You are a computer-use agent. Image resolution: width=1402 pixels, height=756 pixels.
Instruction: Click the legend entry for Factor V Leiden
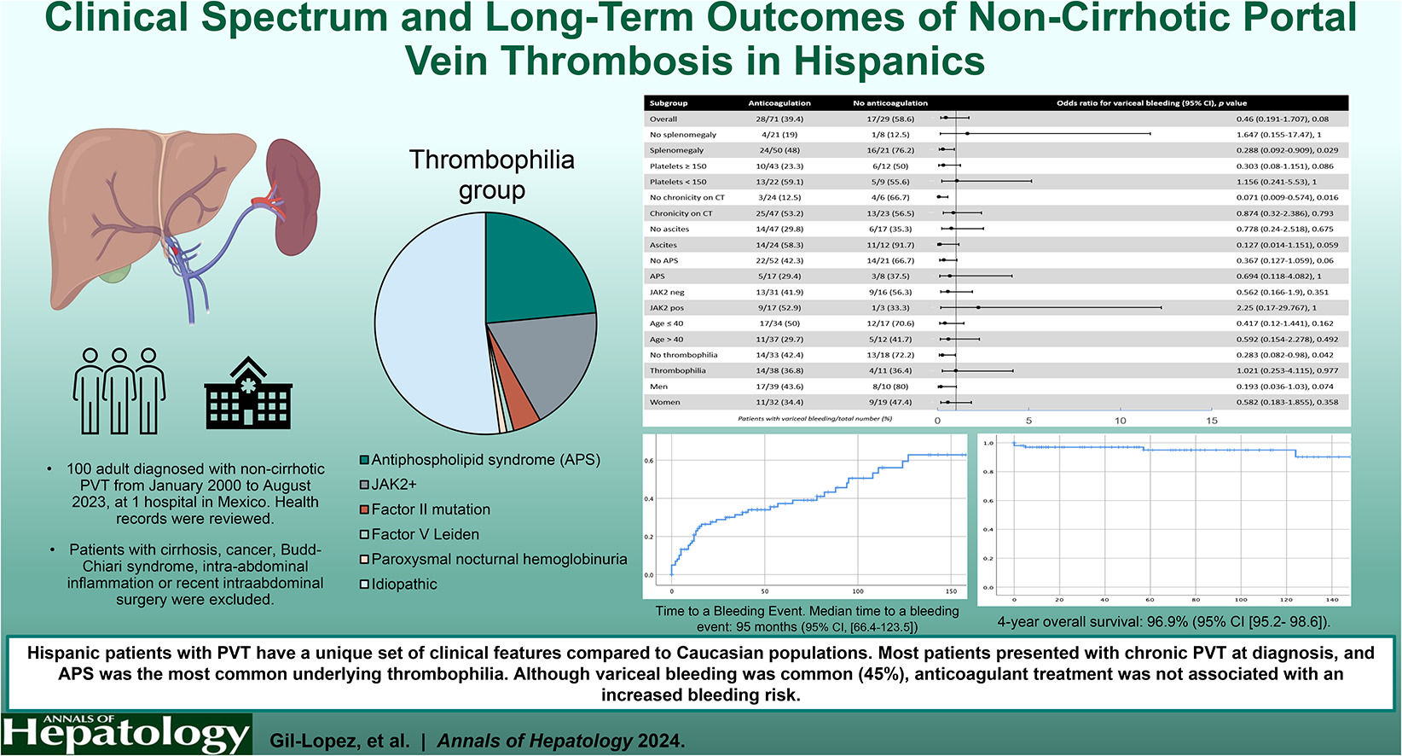[425, 534]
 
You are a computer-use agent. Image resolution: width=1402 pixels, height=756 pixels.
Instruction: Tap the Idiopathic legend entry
[403, 584]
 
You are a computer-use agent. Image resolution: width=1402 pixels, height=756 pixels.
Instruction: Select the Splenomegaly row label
[676, 150]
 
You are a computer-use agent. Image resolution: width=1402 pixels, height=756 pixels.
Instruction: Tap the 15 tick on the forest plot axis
[1211, 420]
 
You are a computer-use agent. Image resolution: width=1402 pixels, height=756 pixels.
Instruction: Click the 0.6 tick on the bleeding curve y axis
[649, 461]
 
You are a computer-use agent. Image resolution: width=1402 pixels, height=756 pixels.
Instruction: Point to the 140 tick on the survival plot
[1331, 600]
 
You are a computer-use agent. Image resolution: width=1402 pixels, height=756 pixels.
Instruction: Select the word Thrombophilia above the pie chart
[491, 160]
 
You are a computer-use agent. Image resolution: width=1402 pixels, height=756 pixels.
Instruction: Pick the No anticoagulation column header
[889, 103]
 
